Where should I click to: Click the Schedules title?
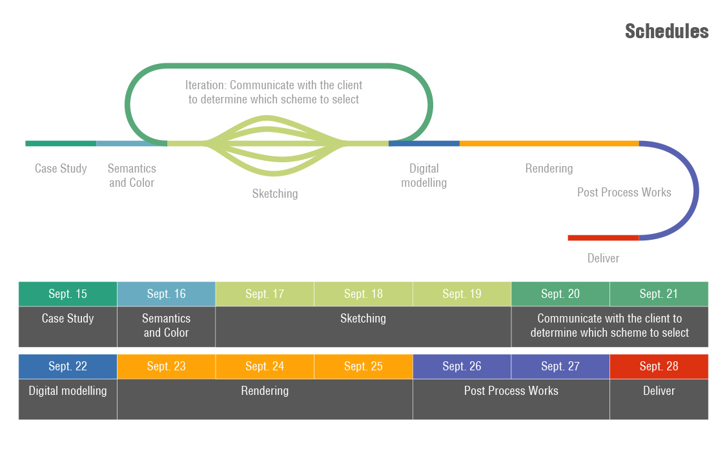click(x=666, y=31)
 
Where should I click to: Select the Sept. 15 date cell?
click(x=68, y=294)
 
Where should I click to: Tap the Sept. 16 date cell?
click(x=166, y=294)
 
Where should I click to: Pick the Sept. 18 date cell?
click(x=363, y=294)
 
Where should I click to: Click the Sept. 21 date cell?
click(x=659, y=294)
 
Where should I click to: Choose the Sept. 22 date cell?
click(x=68, y=366)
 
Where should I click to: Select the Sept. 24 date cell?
click(x=265, y=366)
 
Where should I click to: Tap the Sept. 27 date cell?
click(x=560, y=366)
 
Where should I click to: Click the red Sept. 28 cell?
click(x=659, y=366)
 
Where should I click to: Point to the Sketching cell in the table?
click(x=363, y=326)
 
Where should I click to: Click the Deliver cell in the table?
click(x=659, y=399)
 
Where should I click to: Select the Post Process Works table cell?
click(x=511, y=399)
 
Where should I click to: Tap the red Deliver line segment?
click(x=603, y=238)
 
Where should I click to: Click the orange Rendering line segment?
click(x=549, y=143)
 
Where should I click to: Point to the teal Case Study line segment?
click(x=61, y=143)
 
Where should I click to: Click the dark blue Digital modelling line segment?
click(x=424, y=143)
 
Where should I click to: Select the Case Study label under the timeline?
click(x=61, y=169)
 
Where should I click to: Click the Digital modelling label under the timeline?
click(x=424, y=176)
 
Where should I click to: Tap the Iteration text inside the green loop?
click(x=274, y=92)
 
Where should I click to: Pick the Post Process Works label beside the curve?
click(x=624, y=193)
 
